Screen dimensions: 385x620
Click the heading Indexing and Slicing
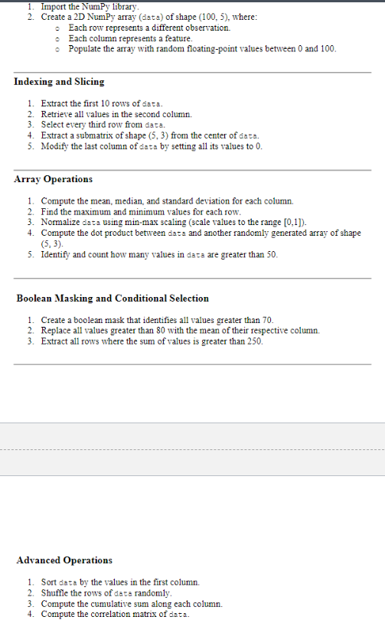coord(59,81)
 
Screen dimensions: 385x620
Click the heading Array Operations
coord(54,179)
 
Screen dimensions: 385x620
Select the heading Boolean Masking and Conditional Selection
coord(113,298)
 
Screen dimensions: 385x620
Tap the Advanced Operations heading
coord(64,560)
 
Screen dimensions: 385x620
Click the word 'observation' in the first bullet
coord(207,27)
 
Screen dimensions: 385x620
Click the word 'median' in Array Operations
coord(122,200)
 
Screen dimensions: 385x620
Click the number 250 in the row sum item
coord(253,341)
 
